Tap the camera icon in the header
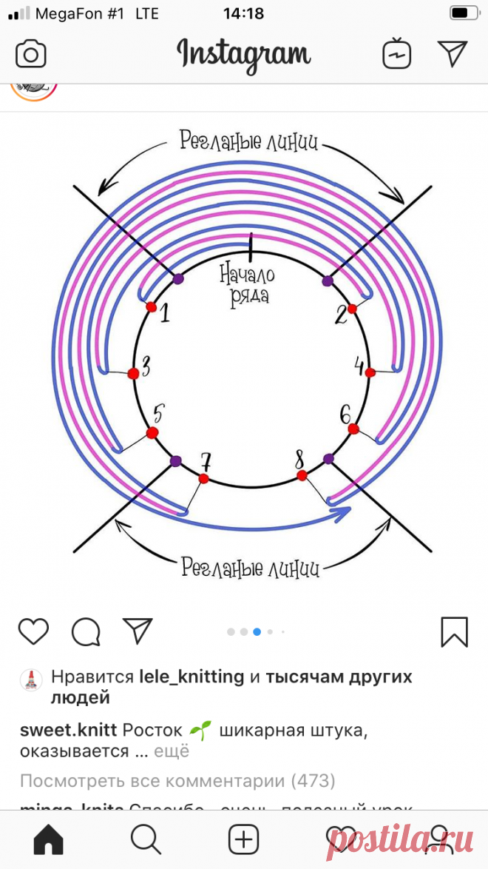[31, 54]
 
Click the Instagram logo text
[243, 54]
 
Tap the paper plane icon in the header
[452, 54]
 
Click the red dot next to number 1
[151, 306]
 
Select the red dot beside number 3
[133, 374]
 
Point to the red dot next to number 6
[353, 429]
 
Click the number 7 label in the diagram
[206, 463]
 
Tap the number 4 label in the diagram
[360, 366]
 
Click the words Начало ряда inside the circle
[248, 286]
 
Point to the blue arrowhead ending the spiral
[341, 513]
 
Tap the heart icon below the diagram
[33, 631]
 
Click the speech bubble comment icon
[86, 631]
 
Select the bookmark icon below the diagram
[454, 631]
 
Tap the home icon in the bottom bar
[48, 839]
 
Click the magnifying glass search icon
[146, 839]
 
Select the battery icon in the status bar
[463, 13]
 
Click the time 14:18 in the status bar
[243, 13]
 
